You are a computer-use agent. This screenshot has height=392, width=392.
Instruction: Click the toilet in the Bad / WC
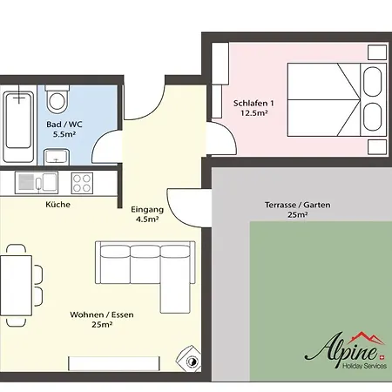click(57, 98)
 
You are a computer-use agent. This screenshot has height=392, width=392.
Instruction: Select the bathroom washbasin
click(57, 157)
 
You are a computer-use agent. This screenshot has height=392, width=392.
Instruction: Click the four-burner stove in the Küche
click(82, 183)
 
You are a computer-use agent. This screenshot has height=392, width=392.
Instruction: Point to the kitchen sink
click(37, 183)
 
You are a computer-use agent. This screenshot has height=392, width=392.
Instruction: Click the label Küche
click(57, 205)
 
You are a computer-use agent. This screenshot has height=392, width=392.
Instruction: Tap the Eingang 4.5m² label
click(147, 214)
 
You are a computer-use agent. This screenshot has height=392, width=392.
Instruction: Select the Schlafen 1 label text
click(253, 103)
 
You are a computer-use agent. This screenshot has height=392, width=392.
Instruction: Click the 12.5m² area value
click(253, 113)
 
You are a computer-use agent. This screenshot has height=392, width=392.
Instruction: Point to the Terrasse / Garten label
click(297, 205)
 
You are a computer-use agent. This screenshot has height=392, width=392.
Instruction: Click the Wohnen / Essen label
click(102, 314)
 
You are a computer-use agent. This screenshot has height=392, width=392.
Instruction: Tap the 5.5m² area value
click(64, 134)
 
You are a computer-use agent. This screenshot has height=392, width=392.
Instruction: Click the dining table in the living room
click(16, 286)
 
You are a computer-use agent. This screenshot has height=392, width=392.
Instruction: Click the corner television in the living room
click(189, 359)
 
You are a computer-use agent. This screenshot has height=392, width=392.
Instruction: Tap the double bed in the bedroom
click(337, 100)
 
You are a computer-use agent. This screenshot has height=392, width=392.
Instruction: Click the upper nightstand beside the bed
click(377, 52)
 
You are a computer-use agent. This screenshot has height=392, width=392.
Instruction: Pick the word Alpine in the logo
click(341, 351)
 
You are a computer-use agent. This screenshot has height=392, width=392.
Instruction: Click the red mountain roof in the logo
click(366, 338)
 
